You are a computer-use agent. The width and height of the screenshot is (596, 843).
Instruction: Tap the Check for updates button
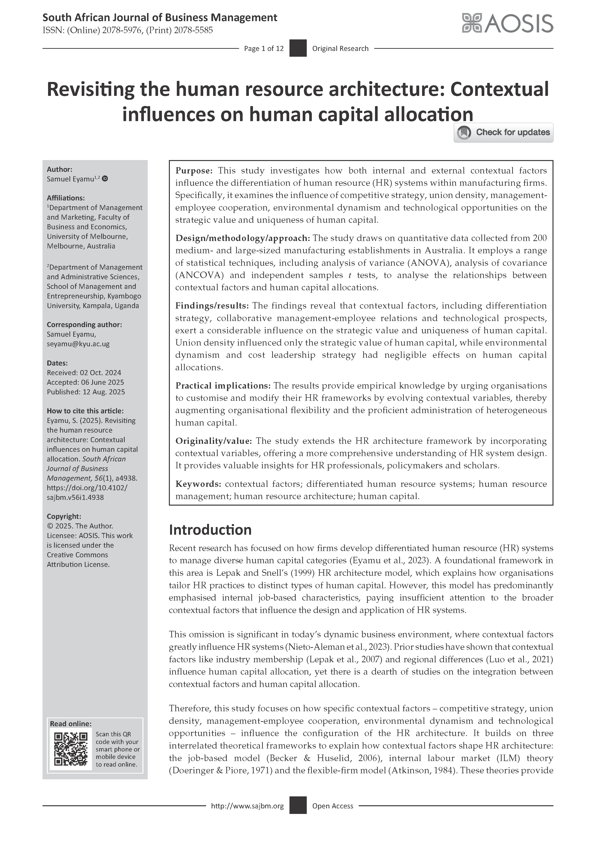tap(503, 133)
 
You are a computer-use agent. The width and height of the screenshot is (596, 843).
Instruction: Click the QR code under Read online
tap(71, 749)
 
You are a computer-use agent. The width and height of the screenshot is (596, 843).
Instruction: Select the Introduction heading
tap(210, 530)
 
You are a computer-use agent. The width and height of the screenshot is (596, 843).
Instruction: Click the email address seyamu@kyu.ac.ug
tap(78, 344)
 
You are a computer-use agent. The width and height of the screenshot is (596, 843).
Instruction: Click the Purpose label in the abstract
tap(194, 171)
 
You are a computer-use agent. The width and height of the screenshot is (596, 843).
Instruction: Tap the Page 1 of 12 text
tap(264, 49)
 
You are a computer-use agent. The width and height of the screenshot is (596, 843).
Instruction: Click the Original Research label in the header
tap(340, 49)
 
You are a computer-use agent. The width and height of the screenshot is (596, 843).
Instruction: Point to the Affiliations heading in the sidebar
tap(66, 198)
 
